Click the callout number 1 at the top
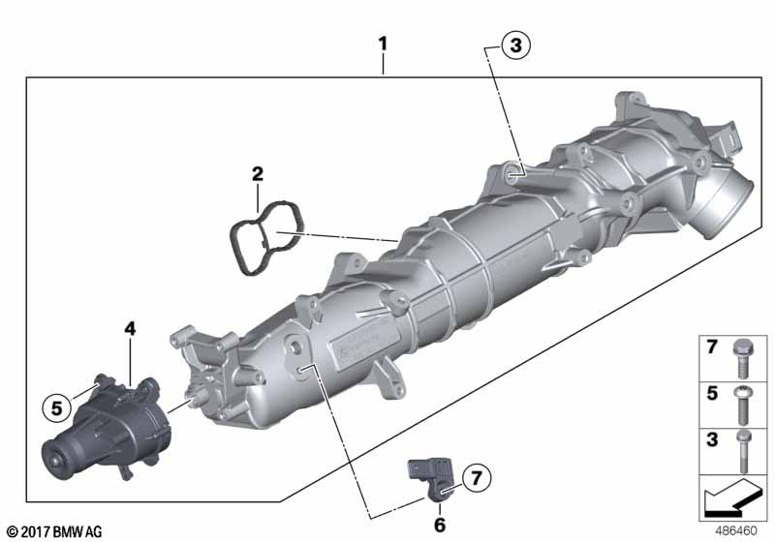click(383, 44)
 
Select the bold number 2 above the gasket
click(258, 174)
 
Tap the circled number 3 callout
click(515, 45)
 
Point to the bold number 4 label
click(130, 328)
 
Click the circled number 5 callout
click(57, 408)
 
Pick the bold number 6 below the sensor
click(440, 525)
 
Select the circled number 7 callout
click(476, 478)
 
